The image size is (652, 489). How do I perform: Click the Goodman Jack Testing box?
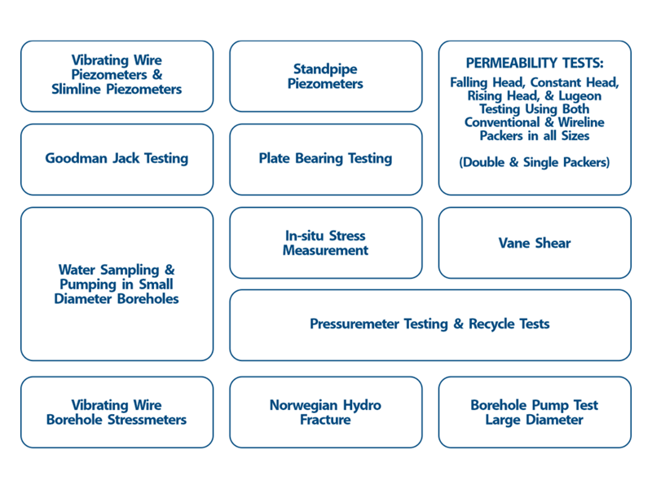[117, 159]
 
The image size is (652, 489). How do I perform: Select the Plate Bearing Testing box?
[325, 159]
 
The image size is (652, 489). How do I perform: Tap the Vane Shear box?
[535, 243]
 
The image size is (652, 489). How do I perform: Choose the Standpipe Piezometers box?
[325, 76]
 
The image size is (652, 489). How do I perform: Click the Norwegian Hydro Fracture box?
[325, 412]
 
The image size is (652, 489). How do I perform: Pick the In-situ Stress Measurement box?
[325, 243]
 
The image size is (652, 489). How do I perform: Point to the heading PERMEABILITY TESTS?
[535, 63]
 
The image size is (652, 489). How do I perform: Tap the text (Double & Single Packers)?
[535, 162]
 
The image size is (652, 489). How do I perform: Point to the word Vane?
[513, 243]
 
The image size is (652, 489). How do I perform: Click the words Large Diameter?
[535, 420]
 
